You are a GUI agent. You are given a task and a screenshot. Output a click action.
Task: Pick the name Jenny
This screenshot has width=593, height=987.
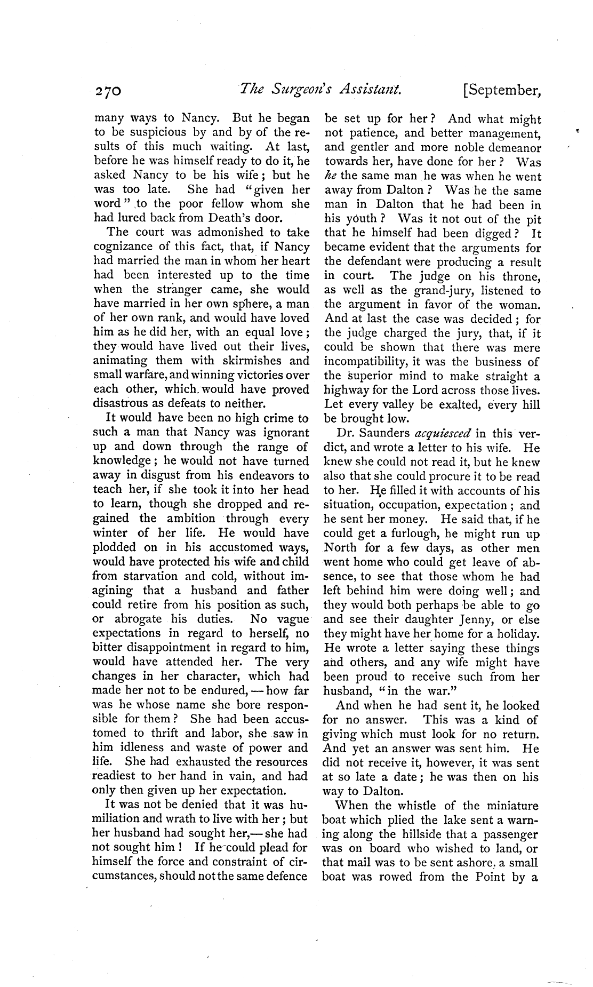click(x=480, y=620)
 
